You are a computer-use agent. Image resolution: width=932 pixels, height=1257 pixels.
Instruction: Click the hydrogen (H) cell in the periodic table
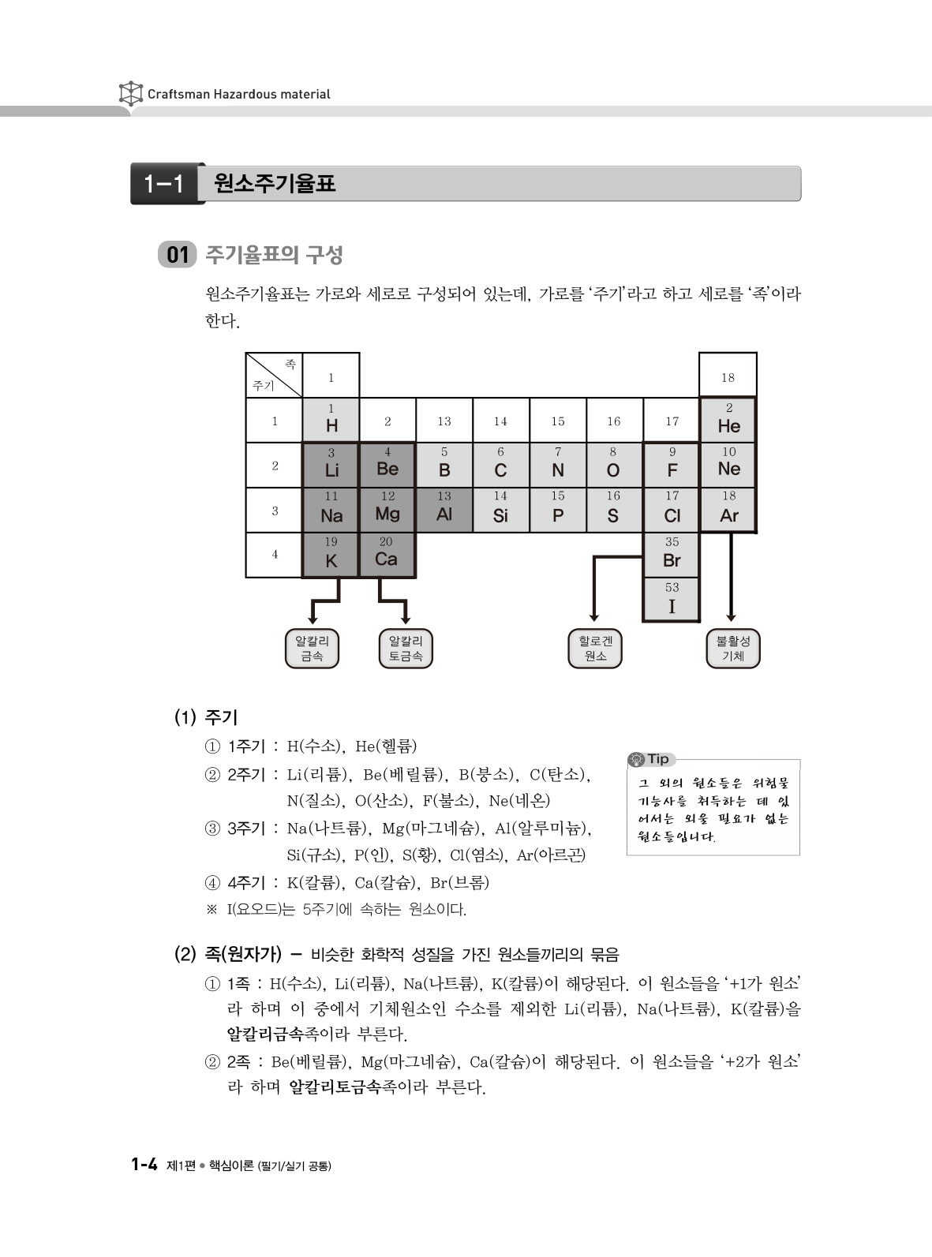pos(331,420)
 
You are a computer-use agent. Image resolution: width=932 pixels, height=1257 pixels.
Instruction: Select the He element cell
pos(728,420)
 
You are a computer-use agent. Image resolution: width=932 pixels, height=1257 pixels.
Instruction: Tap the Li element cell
pos(331,465)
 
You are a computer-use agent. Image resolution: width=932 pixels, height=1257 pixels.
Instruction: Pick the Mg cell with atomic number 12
pos(387,509)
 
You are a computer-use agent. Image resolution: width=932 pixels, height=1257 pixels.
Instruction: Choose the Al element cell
pos(444,509)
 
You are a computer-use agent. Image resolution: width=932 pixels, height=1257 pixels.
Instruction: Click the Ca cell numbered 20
pos(387,554)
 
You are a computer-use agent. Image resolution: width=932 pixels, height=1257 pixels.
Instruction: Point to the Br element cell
pos(672,554)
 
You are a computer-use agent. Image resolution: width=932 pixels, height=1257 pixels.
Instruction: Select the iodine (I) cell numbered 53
pos(672,600)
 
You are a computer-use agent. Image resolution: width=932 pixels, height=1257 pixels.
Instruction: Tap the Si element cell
pos(500,509)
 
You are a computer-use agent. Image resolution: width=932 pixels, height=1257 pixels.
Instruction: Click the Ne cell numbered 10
pos(728,465)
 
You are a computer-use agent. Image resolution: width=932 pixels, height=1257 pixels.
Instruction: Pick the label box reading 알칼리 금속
pos(312,649)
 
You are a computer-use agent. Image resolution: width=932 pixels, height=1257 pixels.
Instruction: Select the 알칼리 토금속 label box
pos(406,649)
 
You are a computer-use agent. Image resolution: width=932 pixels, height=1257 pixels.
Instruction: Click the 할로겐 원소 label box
pos(595,649)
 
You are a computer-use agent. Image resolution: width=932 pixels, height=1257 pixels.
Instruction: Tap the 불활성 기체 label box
pos(732,649)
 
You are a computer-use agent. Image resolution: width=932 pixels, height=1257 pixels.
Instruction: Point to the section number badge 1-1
pos(164,185)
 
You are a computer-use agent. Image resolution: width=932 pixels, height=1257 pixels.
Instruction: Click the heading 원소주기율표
pos(275,185)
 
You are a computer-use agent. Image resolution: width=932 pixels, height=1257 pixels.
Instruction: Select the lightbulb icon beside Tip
pos(636,759)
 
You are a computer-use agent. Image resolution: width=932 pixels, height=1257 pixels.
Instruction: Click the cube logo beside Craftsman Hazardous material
pos(130,94)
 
